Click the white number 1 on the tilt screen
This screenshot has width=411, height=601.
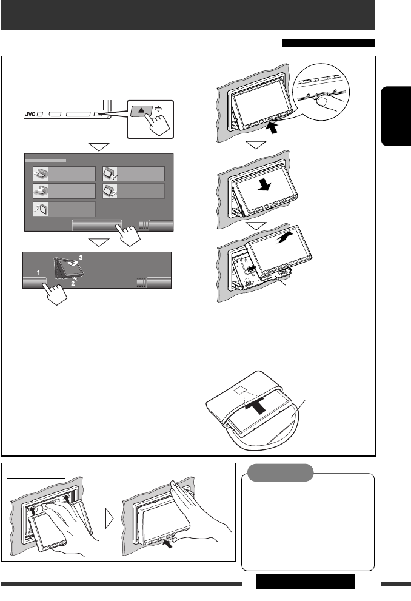(x=37, y=274)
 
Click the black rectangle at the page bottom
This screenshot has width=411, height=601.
(x=305, y=582)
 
